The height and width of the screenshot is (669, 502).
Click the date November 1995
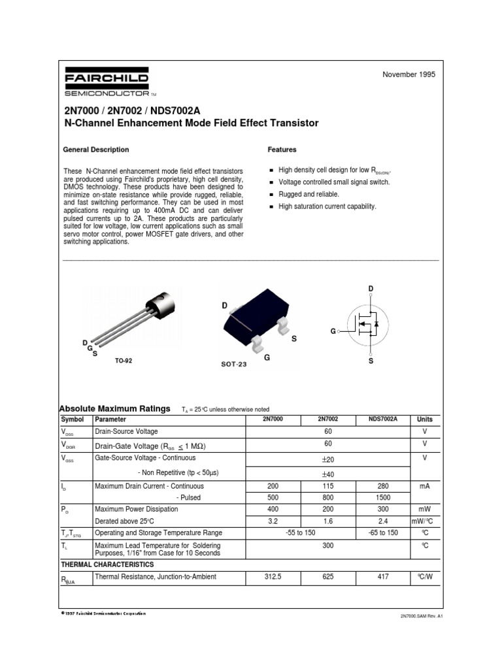coord(409,74)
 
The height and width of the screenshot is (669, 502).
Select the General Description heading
coord(95,150)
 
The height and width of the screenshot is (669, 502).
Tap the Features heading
coord(282,150)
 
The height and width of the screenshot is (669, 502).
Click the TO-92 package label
coord(124,361)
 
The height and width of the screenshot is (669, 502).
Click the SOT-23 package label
coord(233,365)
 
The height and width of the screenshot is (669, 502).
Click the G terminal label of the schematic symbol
coord(333,331)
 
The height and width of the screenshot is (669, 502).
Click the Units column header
coord(425,419)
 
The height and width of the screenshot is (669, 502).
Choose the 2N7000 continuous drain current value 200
coord(273,486)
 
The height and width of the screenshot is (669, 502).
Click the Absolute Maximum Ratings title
coord(115,408)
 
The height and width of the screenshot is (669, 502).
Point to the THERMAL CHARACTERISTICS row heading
coord(108,564)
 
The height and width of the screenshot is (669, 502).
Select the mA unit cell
coord(425,486)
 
